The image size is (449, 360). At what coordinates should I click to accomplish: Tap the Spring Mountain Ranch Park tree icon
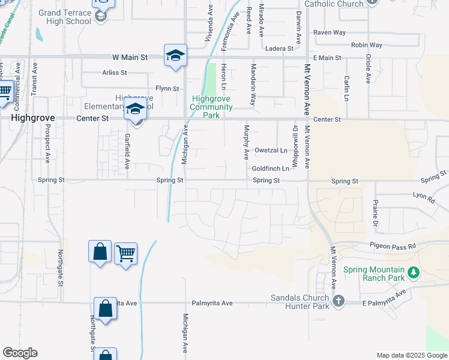pos(413,273)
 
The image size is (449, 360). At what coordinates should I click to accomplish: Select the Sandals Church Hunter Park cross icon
pos(339,301)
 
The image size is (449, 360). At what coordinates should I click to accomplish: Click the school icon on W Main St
pos(175,56)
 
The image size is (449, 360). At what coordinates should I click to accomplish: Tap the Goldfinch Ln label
pos(271,169)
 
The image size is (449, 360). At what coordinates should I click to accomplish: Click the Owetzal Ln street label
pos(271,151)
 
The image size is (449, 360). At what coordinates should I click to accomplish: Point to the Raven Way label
pos(327,33)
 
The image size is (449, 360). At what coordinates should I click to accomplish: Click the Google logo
pos(20,353)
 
